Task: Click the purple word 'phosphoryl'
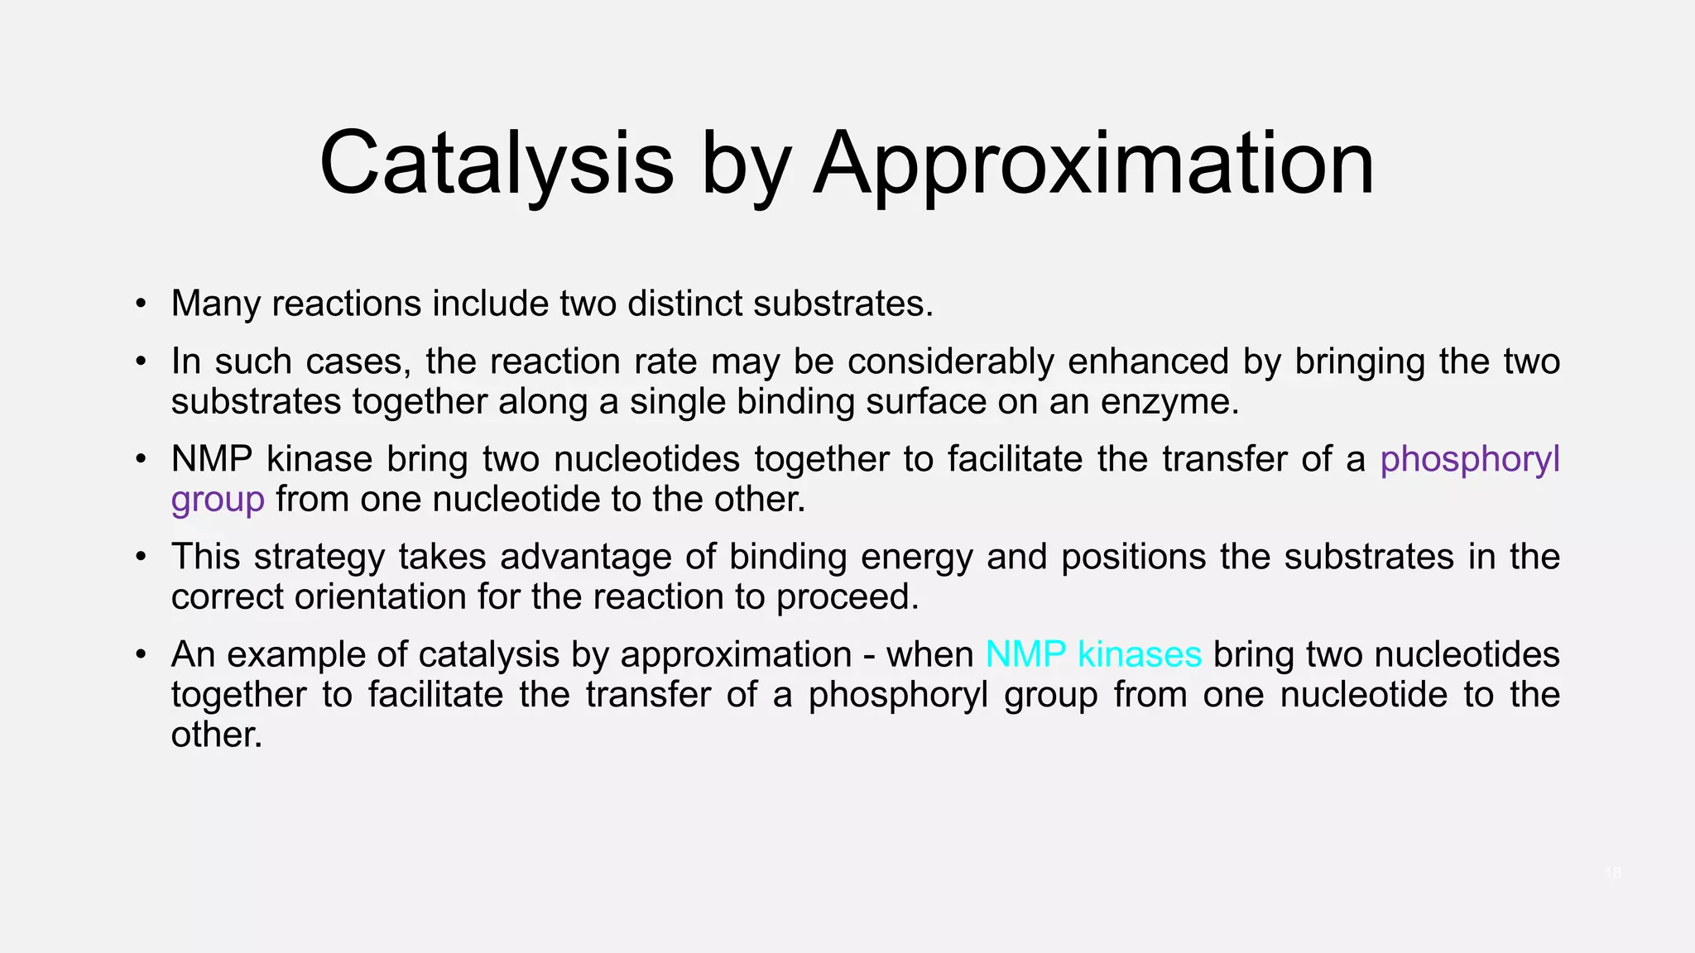click(x=1470, y=460)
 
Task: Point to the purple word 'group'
click(x=218, y=500)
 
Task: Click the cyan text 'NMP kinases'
click(x=1093, y=654)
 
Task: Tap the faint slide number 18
click(x=1612, y=873)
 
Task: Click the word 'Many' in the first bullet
click(x=216, y=304)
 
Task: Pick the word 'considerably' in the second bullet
click(x=950, y=362)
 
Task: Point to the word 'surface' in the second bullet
click(x=926, y=402)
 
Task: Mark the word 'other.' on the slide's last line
click(x=217, y=735)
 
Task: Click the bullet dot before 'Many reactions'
click(x=142, y=304)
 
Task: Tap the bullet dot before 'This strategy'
click(x=142, y=557)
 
